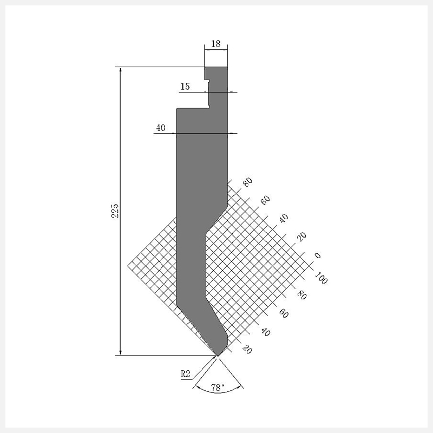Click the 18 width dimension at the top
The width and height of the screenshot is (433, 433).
point(216,44)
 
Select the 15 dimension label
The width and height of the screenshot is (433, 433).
point(185,87)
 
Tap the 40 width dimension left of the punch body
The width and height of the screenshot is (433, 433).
point(161,128)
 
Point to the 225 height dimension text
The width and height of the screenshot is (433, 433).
point(115,211)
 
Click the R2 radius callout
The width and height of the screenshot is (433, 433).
point(186,374)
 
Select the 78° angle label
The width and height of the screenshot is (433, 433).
point(218,388)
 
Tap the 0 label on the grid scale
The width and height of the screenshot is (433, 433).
point(318,255)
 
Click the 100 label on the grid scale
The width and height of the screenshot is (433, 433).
point(321,278)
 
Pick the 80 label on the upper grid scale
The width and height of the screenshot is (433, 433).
point(247,182)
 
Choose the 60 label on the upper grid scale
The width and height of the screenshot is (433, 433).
point(265,200)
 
